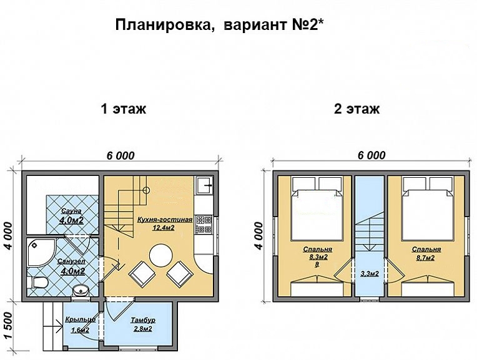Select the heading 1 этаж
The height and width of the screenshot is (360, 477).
coord(124,109)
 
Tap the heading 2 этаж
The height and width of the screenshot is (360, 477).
coord(357,109)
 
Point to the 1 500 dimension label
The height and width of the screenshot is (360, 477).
coord(9,326)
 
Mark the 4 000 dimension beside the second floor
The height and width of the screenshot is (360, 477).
coord(259,234)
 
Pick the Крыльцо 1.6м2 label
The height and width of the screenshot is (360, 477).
coord(79,325)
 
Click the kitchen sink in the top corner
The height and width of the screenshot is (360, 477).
coord(204,185)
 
